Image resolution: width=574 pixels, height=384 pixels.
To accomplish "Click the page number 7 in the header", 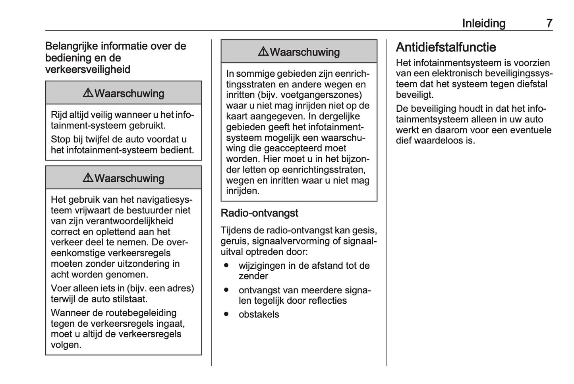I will click(549, 23).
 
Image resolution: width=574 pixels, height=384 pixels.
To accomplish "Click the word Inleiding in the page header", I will click(483, 23).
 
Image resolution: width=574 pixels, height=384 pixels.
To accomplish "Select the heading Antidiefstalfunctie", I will click(446, 47).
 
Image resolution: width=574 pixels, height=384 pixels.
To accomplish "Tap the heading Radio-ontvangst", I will click(259, 213).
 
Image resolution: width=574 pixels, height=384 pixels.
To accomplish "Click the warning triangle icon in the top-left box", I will click(88, 93).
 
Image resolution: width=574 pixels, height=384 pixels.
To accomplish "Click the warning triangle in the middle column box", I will click(263, 52).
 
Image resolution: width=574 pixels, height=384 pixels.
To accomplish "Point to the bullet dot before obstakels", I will click(226, 314).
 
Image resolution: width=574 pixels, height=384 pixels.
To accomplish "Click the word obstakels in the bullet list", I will click(259, 314).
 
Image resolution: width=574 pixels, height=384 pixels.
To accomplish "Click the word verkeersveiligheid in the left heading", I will click(88, 70).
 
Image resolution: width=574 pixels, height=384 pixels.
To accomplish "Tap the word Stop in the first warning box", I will click(60, 140).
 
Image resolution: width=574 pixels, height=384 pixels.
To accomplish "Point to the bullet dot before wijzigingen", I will click(226, 265).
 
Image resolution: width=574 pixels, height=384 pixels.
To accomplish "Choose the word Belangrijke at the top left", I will click(72, 46).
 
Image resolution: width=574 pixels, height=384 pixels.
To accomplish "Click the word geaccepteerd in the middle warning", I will click(291, 148).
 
